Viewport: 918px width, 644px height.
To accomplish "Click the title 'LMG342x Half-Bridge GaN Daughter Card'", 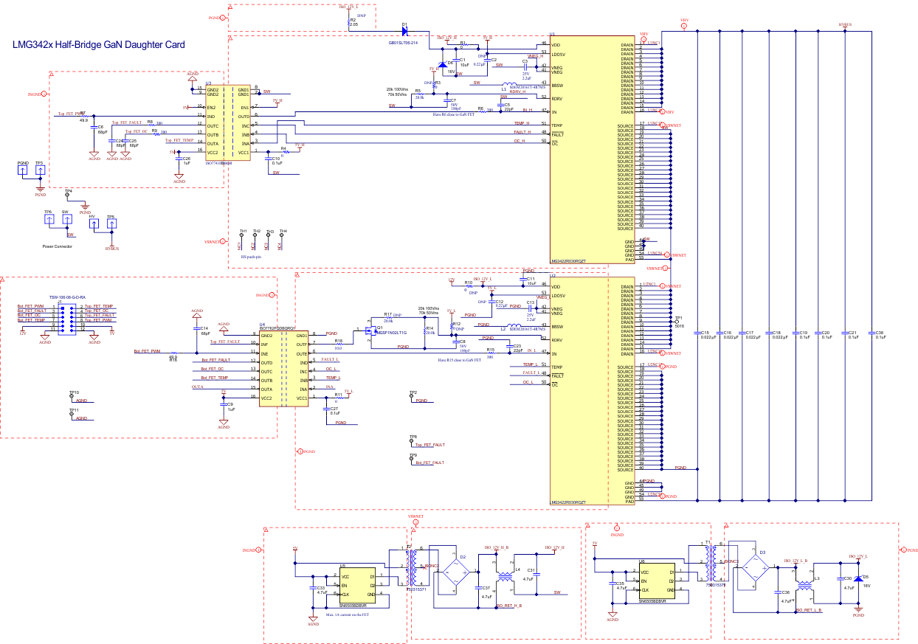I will click(99, 45).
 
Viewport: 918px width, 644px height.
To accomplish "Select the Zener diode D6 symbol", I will click(441, 65).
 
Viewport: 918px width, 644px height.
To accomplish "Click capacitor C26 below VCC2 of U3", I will click(179, 159).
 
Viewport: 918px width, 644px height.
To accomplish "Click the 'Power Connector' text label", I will click(57, 246).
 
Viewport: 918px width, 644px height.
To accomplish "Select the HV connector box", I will click(93, 222).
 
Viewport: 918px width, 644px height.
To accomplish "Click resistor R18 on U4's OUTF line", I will click(339, 344).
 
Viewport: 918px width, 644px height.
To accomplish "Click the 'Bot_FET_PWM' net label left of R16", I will click(147, 352).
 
